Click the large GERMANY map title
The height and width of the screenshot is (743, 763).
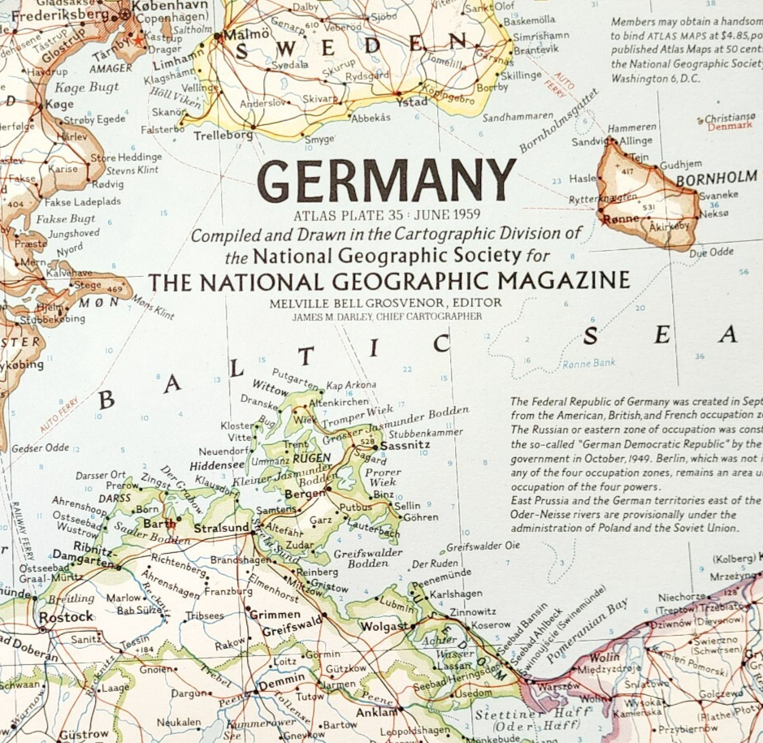[387, 180]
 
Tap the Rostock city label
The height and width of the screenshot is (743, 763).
[67, 617]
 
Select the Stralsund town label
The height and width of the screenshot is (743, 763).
[221, 529]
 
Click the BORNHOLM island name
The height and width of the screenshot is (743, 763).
[716, 179]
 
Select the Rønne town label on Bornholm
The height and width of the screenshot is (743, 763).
[620, 218]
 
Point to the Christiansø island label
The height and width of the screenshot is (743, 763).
[730, 118]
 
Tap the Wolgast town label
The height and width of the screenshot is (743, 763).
[385, 627]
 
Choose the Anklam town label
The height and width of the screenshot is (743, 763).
[374, 713]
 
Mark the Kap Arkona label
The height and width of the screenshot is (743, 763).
[351, 385]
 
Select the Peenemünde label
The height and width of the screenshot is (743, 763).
[441, 573]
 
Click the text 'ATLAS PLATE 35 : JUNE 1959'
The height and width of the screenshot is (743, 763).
[387, 215]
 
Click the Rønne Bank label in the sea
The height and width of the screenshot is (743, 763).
[588, 363]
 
